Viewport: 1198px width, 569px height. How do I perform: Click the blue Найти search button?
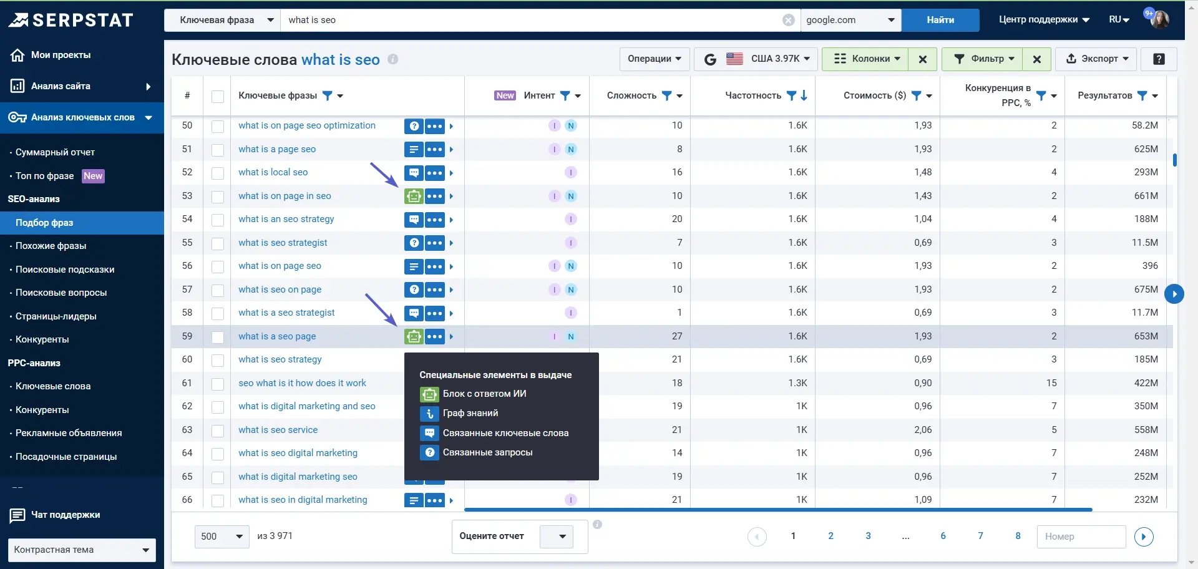tap(940, 20)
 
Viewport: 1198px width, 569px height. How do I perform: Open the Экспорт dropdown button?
tap(1096, 59)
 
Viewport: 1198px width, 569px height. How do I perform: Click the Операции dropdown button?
tap(655, 59)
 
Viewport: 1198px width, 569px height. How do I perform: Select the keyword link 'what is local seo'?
tap(273, 172)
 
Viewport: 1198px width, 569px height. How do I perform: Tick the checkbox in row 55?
tap(218, 243)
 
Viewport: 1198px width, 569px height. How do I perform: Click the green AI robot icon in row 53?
tap(413, 196)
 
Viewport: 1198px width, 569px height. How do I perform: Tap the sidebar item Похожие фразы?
tap(51, 246)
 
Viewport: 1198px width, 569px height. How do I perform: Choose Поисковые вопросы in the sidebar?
tap(61, 293)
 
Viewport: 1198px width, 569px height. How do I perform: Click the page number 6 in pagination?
tap(943, 536)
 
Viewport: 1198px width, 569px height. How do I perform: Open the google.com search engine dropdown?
tap(850, 20)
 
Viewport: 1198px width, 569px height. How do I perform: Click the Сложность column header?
tap(631, 95)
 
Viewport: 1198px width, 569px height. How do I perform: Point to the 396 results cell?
tap(1150, 266)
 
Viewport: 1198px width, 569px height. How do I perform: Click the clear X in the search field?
tap(789, 20)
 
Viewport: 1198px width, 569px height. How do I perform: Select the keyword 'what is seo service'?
tap(278, 430)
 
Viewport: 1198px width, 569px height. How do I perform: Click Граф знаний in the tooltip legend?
tap(470, 413)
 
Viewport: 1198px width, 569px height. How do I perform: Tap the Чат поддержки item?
tap(65, 515)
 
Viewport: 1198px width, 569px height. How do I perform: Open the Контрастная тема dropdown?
tap(82, 550)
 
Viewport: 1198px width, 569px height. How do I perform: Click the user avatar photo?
tap(1160, 19)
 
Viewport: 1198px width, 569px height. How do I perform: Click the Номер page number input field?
tap(1080, 537)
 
